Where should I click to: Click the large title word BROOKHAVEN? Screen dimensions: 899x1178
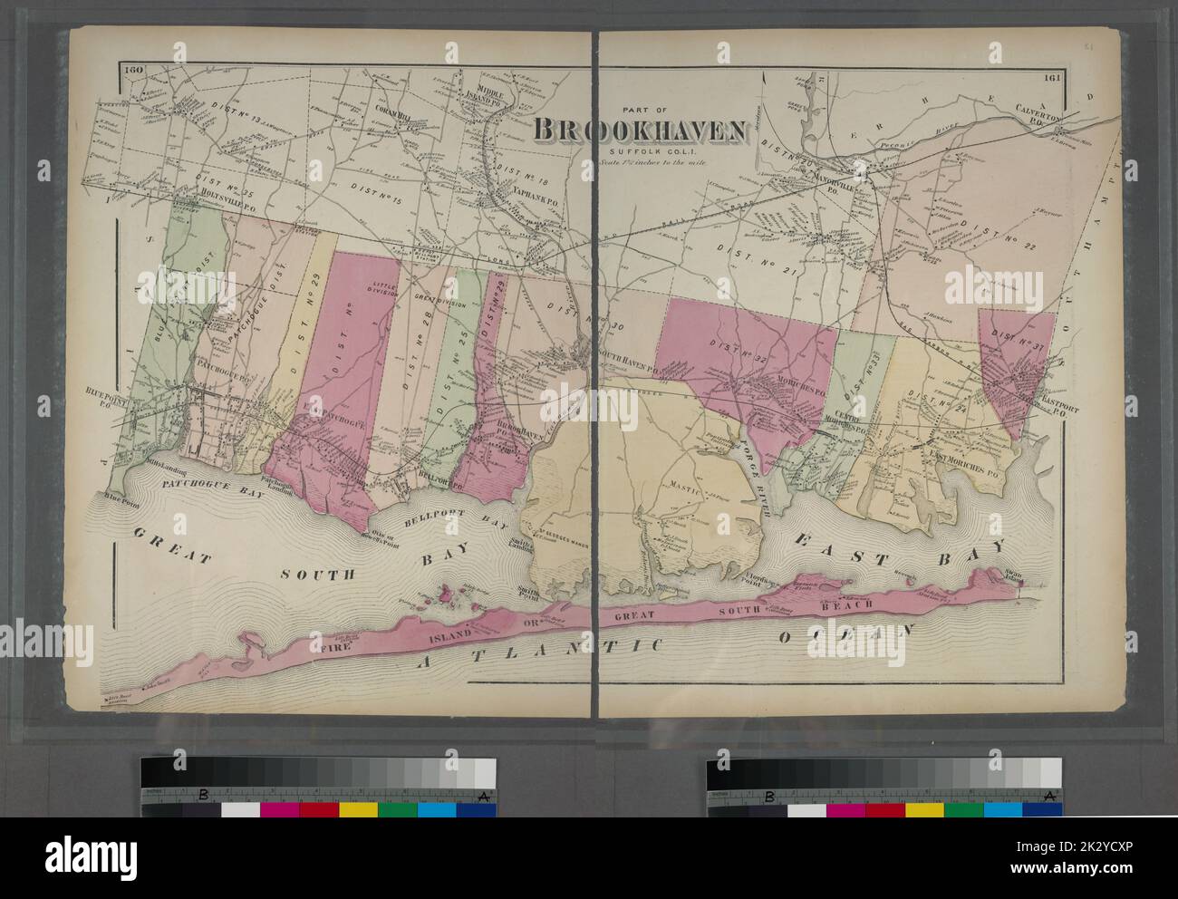[x=641, y=130]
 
